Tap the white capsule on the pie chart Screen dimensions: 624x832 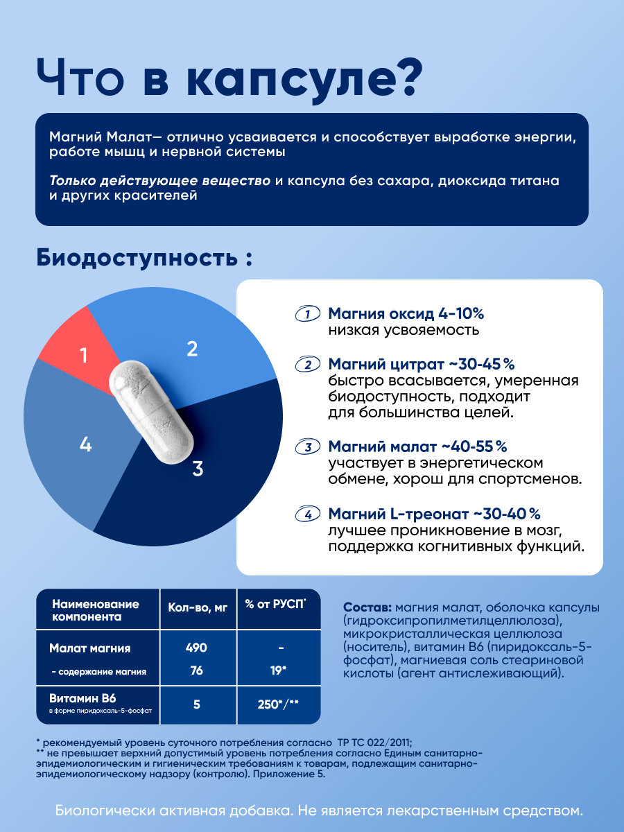click(151, 412)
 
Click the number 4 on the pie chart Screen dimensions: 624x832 click(85, 444)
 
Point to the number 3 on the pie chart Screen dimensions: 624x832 click(198, 469)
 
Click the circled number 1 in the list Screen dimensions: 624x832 click(307, 313)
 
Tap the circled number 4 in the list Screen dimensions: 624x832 click(307, 514)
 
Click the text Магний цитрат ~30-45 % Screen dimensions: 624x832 click(422, 364)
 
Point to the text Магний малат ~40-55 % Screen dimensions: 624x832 click(417, 447)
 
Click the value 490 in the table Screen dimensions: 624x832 click(196, 648)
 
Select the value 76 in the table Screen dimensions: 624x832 click(197, 670)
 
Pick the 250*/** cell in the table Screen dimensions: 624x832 click(278, 704)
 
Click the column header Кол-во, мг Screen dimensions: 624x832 click(198, 607)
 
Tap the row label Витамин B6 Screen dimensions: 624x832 click(83, 697)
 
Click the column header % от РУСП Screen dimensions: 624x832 click(275, 604)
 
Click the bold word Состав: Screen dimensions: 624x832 click(367, 607)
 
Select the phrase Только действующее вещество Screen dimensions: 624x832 click(160, 181)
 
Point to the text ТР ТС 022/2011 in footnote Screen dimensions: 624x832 click(374, 743)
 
